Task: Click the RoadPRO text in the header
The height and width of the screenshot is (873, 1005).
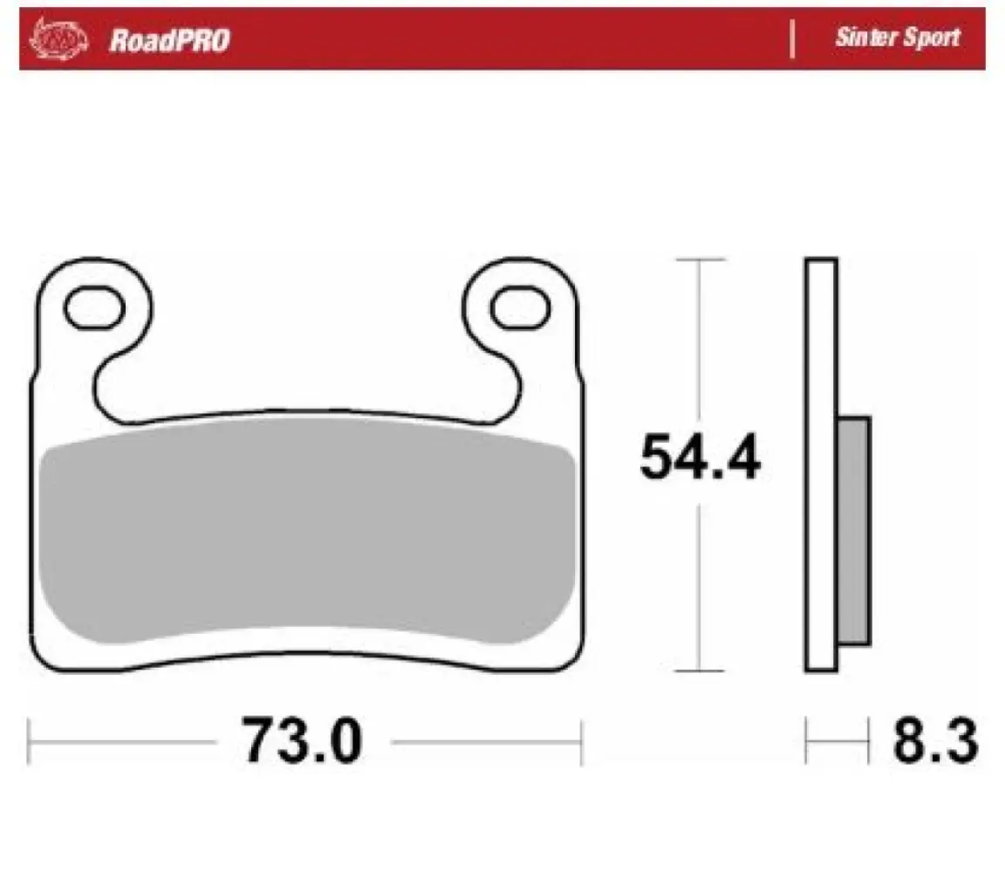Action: [169, 40]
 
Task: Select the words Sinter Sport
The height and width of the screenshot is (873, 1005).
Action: [898, 38]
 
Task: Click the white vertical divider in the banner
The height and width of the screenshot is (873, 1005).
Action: [793, 38]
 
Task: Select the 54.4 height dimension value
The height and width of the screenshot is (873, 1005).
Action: [700, 457]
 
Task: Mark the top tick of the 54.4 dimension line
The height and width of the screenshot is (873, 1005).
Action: [700, 259]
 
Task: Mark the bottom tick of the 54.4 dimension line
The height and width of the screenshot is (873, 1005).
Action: [700, 670]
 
